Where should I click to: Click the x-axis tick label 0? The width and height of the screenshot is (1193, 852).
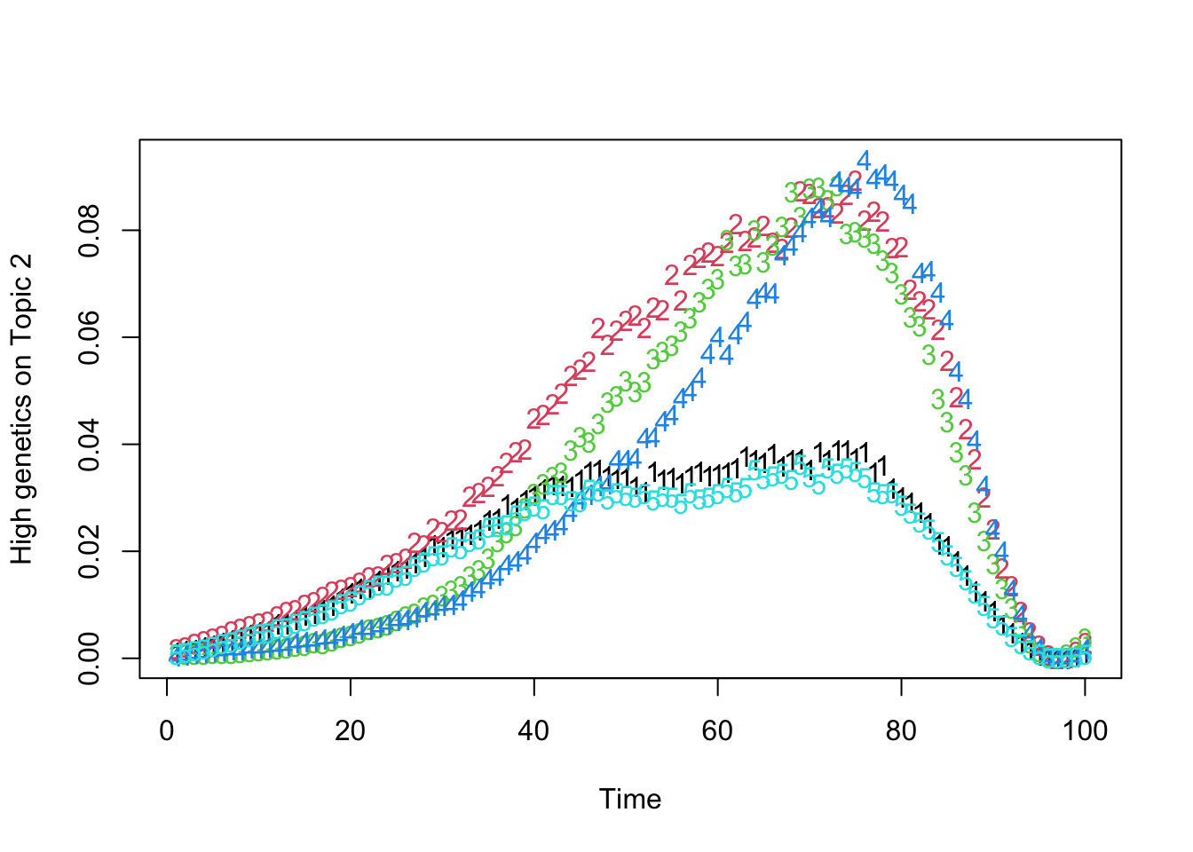coord(167,731)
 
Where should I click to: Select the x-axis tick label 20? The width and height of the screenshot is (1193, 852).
coord(351,731)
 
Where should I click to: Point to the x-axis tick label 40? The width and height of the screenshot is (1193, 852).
coord(534,731)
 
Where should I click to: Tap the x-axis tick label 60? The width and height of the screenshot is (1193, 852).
coord(718,731)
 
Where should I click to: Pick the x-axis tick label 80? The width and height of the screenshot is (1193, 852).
coord(902,731)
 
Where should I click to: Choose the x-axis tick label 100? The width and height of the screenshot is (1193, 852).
coord(1085,731)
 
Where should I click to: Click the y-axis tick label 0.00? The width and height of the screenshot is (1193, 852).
coord(90,659)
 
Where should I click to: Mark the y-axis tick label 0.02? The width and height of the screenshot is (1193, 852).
coord(90,551)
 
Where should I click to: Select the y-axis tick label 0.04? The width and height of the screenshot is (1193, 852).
coord(90,445)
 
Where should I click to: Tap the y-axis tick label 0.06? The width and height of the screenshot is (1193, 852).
coord(90,337)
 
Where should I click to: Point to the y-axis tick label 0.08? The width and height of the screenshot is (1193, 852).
coord(90,231)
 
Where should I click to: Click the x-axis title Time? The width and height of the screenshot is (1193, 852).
coord(630,799)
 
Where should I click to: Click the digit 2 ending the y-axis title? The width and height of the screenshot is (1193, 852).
coord(21,263)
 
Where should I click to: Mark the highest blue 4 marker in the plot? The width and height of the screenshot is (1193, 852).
coord(863,161)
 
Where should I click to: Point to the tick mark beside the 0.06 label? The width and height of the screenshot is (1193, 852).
coord(130,337)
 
